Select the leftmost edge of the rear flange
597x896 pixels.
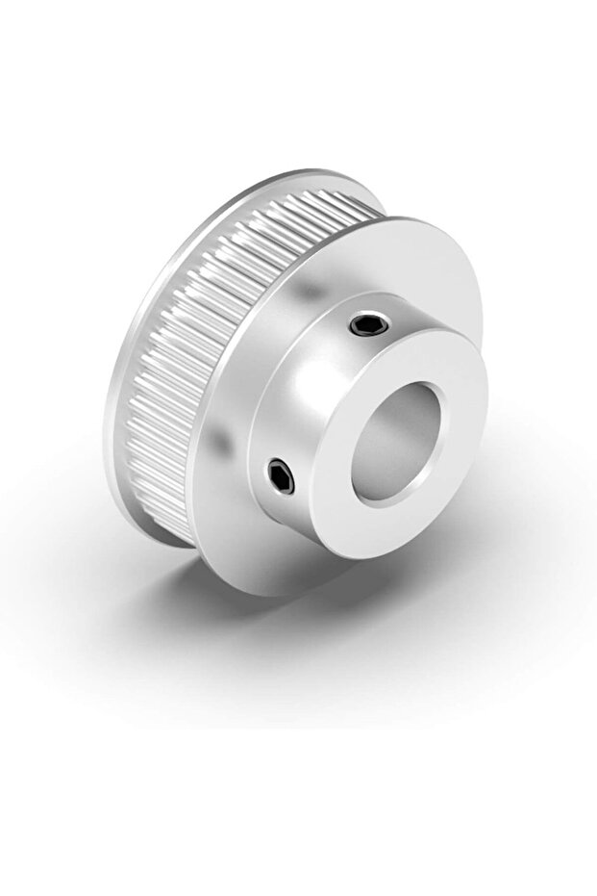pos(104,423)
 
